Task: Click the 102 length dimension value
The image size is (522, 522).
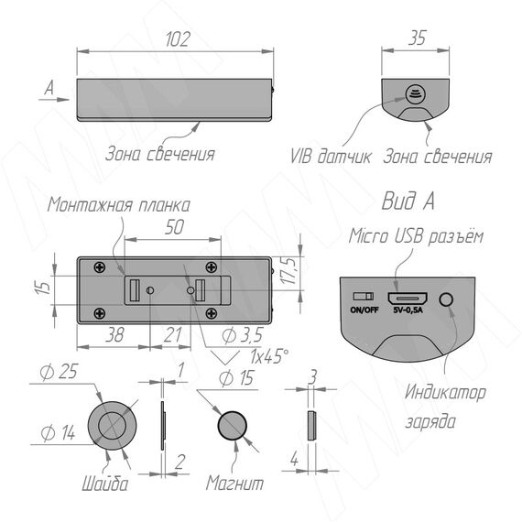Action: (x=178, y=39)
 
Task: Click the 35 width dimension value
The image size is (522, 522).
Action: (x=417, y=38)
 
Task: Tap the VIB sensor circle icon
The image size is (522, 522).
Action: (x=416, y=94)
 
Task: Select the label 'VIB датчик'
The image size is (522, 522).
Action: (x=331, y=156)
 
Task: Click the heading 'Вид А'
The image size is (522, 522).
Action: (x=408, y=201)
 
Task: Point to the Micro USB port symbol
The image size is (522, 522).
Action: (x=408, y=299)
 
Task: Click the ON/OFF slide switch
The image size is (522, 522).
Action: (x=364, y=297)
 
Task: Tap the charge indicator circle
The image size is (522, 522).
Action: (x=446, y=299)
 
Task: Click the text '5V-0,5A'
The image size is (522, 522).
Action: (x=408, y=310)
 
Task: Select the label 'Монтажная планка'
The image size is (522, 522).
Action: (x=118, y=205)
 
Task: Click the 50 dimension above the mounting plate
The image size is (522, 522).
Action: (x=174, y=227)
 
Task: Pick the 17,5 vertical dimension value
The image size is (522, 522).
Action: (x=288, y=270)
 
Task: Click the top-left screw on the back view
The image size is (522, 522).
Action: (x=100, y=267)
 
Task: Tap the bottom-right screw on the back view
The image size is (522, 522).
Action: (x=211, y=313)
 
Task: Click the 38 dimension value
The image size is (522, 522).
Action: (x=114, y=334)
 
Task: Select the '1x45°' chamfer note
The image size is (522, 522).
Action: (x=269, y=356)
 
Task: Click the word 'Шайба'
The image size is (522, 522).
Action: (x=105, y=484)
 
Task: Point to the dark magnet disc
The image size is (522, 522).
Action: (x=233, y=426)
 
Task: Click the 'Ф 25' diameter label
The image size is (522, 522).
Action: (x=59, y=372)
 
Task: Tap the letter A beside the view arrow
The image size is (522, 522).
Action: (x=49, y=88)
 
